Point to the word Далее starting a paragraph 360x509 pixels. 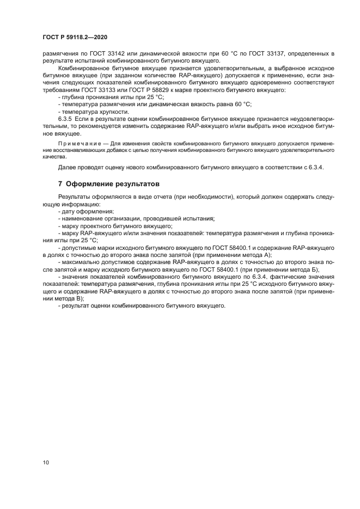point(66,168)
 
